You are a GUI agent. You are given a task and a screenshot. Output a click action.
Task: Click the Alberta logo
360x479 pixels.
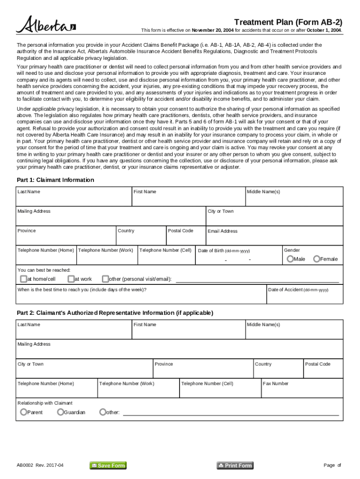(x=46, y=25)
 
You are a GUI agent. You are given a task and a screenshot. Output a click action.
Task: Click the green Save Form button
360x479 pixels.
(x=108, y=465)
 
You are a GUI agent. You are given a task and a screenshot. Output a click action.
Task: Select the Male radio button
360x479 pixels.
(x=290, y=259)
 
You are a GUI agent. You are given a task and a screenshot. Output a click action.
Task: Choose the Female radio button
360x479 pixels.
(x=317, y=259)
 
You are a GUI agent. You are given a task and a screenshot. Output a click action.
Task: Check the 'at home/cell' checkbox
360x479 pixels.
(x=23, y=279)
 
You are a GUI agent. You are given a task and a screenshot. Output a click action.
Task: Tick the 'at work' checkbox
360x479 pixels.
(x=71, y=279)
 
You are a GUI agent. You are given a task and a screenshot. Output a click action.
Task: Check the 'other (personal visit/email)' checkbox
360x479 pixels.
(x=105, y=279)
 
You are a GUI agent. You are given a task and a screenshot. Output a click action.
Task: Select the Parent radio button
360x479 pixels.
(x=23, y=412)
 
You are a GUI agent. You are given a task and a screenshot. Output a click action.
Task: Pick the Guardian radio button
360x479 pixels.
(x=60, y=412)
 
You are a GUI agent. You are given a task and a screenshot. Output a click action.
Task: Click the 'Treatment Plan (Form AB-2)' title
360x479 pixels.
(x=288, y=22)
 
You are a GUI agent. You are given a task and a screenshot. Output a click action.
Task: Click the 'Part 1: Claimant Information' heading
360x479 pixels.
(x=55, y=180)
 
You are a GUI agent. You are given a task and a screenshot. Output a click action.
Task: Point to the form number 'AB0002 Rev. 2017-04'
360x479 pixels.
(x=40, y=465)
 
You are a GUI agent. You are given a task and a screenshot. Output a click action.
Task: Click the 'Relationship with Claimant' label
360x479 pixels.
(x=45, y=403)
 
